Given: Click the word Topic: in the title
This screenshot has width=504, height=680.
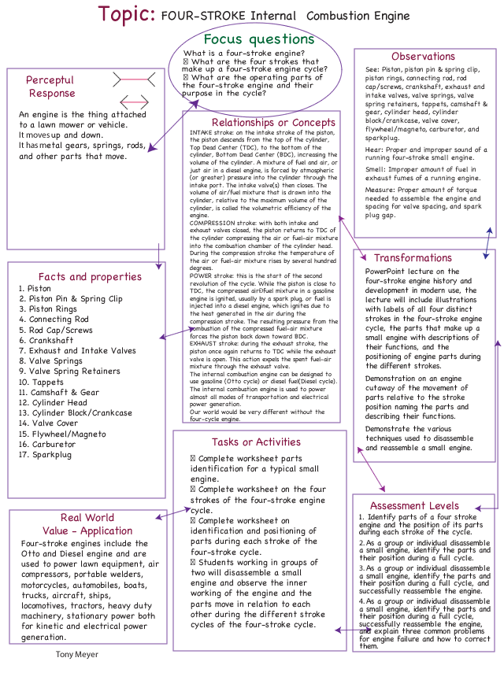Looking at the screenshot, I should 126,14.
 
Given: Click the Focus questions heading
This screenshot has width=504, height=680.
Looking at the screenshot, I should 259,39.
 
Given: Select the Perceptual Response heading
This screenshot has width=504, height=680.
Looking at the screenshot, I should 50,87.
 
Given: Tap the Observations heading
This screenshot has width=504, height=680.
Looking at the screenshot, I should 423,57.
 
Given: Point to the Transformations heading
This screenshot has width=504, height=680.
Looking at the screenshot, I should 413,257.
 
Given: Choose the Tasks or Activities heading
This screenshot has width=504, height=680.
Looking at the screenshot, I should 256,442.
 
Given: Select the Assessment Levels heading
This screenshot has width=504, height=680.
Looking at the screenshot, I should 414,505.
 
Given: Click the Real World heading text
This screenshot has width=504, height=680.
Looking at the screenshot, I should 87,518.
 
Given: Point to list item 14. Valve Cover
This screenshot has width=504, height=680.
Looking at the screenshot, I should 49,423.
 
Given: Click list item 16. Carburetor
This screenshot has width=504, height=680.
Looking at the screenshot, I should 49,444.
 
